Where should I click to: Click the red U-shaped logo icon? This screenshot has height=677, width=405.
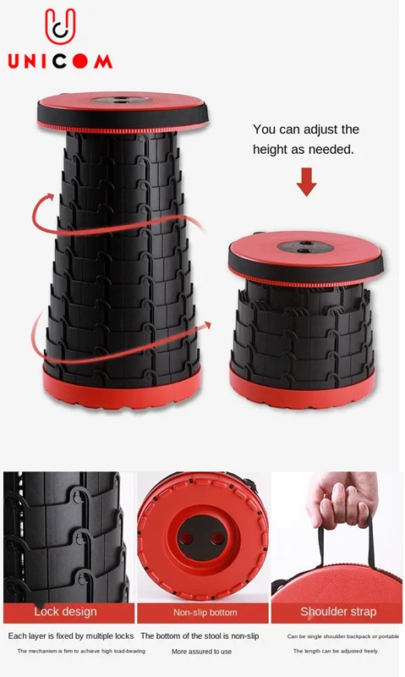[x=60, y=27]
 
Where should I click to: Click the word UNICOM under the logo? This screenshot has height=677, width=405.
[x=60, y=61]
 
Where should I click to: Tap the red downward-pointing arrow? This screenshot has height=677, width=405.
[x=307, y=182]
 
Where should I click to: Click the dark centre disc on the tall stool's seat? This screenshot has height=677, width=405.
[x=121, y=100]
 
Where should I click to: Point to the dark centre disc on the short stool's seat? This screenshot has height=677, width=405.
[x=305, y=247]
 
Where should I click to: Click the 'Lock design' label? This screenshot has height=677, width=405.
[x=66, y=612]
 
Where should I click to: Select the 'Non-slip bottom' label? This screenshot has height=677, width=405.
[x=205, y=612]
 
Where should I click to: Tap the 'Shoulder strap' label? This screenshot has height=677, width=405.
[x=338, y=612]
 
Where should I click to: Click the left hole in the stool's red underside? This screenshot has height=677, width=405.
[x=186, y=538]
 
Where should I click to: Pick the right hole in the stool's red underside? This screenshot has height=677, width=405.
[x=217, y=538]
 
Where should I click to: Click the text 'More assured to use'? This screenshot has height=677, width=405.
[x=201, y=652]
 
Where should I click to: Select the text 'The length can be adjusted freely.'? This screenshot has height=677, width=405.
[x=336, y=651]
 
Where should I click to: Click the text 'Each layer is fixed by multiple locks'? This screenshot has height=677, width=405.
[x=71, y=636]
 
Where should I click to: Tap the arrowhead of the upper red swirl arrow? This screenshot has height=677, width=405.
[x=48, y=198]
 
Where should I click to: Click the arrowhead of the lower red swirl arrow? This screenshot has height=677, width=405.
[x=206, y=325]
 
